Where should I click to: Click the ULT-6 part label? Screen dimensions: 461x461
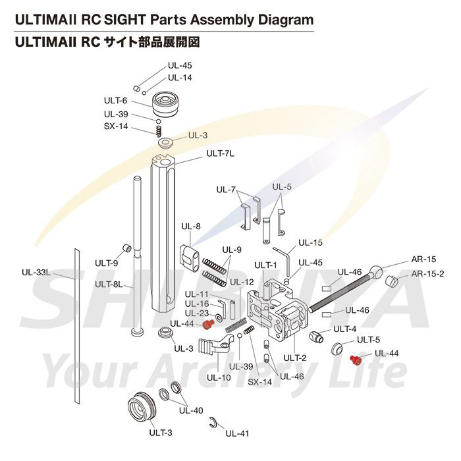(115, 100)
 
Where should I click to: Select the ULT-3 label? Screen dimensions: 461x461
(161, 433)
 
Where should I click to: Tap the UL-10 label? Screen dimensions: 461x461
(218, 377)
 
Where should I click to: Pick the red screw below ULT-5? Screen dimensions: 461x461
(353, 359)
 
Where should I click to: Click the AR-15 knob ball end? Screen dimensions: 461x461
(377, 271)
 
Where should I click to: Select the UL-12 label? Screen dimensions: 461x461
(242, 282)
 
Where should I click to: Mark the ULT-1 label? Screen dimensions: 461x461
(266, 265)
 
